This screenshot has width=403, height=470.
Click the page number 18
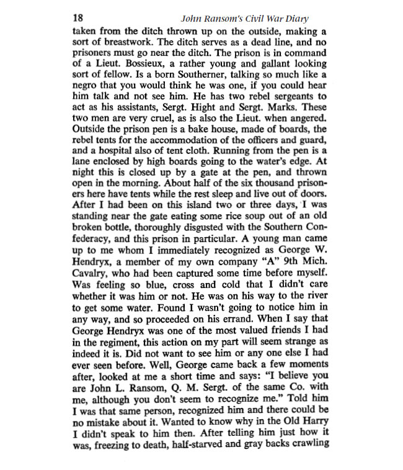click(79, 17)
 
